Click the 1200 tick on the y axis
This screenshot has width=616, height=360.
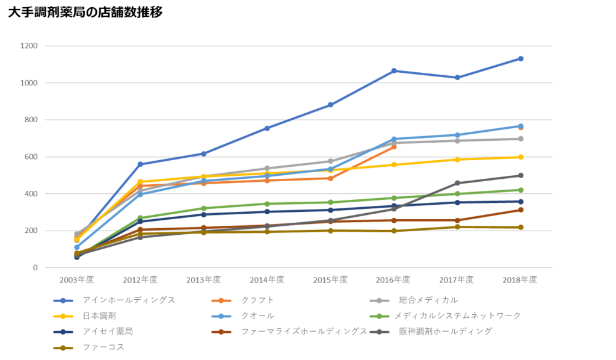point(30,46)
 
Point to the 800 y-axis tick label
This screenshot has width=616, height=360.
point(31,120)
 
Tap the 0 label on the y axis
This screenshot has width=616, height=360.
point(35,267)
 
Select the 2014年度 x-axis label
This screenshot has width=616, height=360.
point(267,280)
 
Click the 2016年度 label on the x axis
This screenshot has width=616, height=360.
point(394,280)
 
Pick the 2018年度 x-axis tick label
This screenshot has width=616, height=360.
point(520,280)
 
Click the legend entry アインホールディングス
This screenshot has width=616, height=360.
point(129,300)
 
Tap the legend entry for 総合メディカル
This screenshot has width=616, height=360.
point(428,300)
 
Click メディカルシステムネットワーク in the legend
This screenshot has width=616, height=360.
point(457,315)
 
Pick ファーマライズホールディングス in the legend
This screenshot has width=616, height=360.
point(304,331)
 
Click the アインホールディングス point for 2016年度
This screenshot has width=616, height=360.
point(394,70)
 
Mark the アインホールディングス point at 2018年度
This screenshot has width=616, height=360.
point(520,58)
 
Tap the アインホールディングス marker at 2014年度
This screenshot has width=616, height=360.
point(267,128)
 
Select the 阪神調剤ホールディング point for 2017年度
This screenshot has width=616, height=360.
point(457,183)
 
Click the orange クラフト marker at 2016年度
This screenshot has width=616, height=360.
point(394,146)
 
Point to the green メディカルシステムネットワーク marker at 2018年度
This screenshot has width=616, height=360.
point(520,190)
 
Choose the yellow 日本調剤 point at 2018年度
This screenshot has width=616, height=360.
point(520,157)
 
